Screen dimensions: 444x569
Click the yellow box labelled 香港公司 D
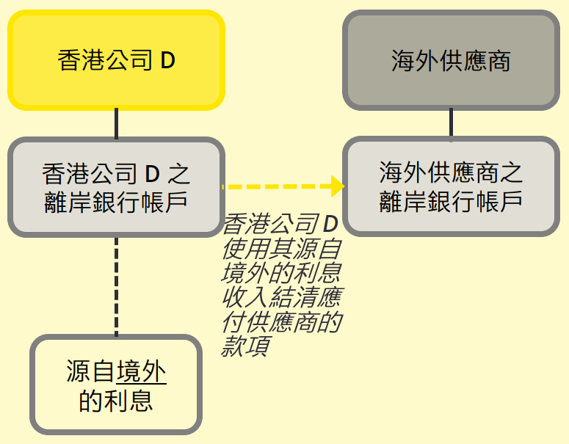pos(116,60)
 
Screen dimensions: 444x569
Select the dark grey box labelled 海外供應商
pos(451,60)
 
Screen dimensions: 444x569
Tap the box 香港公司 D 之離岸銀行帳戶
pos(116,186)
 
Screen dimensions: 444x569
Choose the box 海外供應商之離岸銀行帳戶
pos(451,186)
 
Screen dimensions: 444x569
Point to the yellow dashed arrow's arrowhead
pos(338,186)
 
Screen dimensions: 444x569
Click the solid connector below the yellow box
pos(116,123)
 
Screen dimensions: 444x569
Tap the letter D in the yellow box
pos(167,61)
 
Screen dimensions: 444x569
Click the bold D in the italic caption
pos(331,225)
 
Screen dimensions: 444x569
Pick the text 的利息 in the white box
pos(116,400)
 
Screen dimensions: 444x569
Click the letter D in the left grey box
pos(151,175)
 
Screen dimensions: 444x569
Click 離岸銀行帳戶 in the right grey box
pos(451,201)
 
